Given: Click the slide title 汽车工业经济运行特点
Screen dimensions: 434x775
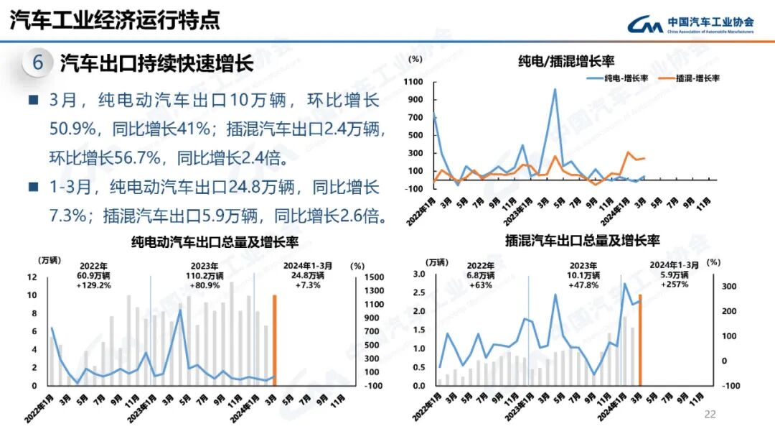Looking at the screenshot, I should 115,21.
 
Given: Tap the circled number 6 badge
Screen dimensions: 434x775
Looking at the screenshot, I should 37,63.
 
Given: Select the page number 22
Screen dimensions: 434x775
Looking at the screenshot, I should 710,414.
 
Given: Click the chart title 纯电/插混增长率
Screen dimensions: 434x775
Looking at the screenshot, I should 566,61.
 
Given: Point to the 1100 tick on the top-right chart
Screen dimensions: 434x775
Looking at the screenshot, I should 414,82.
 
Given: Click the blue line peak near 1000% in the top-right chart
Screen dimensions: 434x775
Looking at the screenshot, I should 555,90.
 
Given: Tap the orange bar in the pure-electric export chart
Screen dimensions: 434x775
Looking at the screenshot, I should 273,340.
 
